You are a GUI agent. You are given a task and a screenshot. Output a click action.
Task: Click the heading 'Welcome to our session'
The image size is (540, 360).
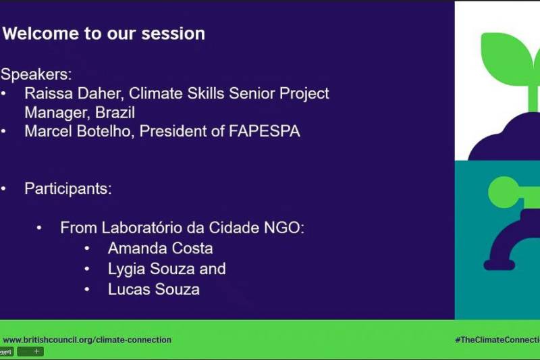pyautogui.click(x=104, y=34)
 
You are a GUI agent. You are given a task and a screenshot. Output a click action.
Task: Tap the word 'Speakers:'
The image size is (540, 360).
pyautogui.click(x=36, y=74)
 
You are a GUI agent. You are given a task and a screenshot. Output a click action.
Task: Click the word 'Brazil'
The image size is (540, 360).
pyautogui.click(x=115, y=113)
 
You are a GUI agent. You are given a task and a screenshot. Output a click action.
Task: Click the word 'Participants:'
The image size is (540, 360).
pyautogui.click(x=68, y=189)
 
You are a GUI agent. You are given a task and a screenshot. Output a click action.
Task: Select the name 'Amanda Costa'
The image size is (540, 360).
pyautogui.click(x=161, y=249)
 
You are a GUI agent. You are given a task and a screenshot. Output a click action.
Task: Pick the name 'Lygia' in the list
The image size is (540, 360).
pyautogui.click(x=127, y=269)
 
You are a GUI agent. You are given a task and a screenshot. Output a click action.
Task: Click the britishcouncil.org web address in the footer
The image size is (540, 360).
pyautogui.click(x=87, y=340)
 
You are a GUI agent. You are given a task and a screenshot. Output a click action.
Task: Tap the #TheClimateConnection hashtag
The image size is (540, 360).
pyautogui.click(x=497, y=340)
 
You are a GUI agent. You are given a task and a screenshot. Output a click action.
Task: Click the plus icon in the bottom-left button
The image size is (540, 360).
pyautogui.click(x=36, y=351)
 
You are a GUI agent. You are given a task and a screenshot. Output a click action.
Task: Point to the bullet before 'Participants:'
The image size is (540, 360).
pyautogui.click(x=3, y=189)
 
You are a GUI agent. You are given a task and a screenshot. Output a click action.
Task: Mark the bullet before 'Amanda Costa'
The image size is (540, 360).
pyautogui.click(x=87, y=249)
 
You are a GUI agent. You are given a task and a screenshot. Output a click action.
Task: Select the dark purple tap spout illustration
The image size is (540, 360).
pyautogui.click(x=510, y=241)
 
